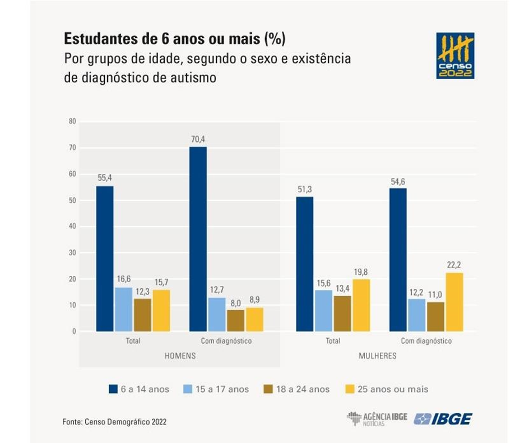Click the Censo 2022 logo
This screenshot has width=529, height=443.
click(455, 56)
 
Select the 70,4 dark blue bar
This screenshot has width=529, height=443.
click(198, 239)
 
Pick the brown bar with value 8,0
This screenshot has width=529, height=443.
click(235, 320)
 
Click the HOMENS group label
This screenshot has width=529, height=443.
click(179, 356)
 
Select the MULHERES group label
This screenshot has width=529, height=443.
click(377, 356)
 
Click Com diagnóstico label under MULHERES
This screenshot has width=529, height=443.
click(426, 341)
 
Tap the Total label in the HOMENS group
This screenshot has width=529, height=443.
click(133, 341)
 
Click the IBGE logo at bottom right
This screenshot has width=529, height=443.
click(443, 419)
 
